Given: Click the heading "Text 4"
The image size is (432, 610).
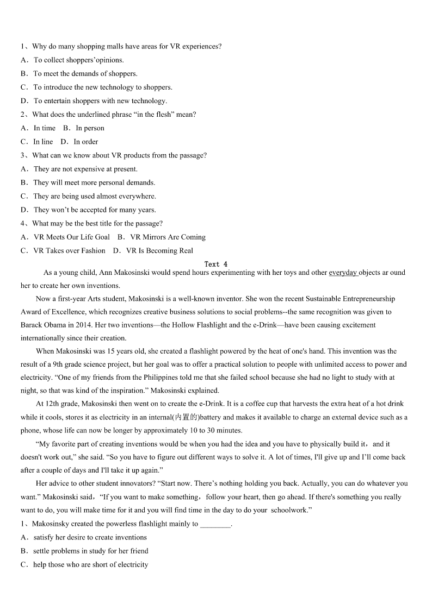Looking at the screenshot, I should pyautogui.click(x=216, y=264).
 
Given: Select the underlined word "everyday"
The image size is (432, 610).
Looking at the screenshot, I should pyautogui.click(x=343, y=273).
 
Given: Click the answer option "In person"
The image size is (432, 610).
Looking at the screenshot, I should pyautogui.click(x=90, y=128).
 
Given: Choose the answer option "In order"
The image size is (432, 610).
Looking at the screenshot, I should pyautogui.click(x=86, y=142).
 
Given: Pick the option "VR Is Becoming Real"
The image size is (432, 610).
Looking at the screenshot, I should pyautogui.click(x=159, y=250).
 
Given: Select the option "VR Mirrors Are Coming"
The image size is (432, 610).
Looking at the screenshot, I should pyautogui.click(x=168, y=237).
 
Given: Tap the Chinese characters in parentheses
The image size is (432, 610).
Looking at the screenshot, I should pyautogui.click(x=186, y=417).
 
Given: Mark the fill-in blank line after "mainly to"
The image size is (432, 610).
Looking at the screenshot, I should pyautogui.click(x=215, y=524).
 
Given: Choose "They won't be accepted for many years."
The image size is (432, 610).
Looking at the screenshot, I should pyautogui.click(x=95, y=210).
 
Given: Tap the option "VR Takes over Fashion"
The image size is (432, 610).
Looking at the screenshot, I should pyautogui.click(x=69, y=250).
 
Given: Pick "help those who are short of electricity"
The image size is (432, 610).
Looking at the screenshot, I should pyautogui.click(x=90, y=565).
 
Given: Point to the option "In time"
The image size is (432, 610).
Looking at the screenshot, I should pyautogui.click(x=44, y=128).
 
